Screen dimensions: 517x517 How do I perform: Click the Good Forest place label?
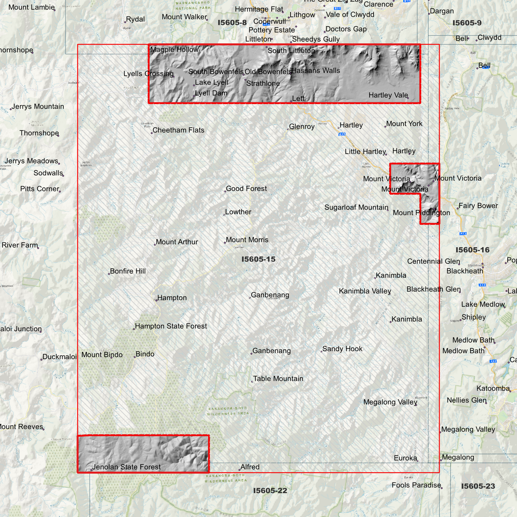[x=246, y=189]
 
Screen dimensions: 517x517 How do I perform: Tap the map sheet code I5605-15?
[x=258, y=259]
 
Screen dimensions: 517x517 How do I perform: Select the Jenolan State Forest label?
[x=126, y=467]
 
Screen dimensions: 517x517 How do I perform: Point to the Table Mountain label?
[x=278, y=379]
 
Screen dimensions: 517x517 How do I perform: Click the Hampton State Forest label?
[x=171, y=326]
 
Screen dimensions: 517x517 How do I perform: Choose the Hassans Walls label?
[x=316, y=70]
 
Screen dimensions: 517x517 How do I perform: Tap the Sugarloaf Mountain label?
[x=356, y=207]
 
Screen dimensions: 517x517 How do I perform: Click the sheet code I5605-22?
[x=270, y=491]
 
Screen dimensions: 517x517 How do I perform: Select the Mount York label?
[x=404, y=123]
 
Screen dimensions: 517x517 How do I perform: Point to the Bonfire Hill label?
[x=128, y=271]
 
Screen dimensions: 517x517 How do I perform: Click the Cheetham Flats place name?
[x=178, y=130]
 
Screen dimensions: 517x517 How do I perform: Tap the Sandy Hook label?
[x=342, y=349]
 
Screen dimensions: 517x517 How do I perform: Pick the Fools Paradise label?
[x=416, y=485]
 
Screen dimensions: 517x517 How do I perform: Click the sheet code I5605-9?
[x=467, y=23]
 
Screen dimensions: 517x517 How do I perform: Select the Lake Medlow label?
[x=483, y=304]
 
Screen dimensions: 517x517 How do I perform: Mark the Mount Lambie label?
[x=31, y=7]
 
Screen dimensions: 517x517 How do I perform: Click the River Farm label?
[x=20, y=245]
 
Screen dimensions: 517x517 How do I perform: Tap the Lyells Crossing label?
[x=148, y=74]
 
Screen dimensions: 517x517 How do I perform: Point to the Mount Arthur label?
[x=177, y=242]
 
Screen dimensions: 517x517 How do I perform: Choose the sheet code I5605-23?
[x=478, y=486]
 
